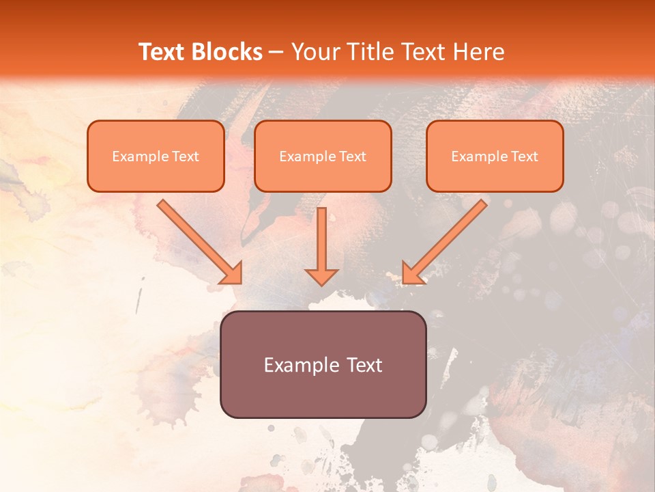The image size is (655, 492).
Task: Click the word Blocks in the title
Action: pyautogui.click(x=227, y=52)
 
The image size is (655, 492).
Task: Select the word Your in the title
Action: pyautogui.click(x=315, y=52)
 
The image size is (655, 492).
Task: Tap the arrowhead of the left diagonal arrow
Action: pyautogui.click(x=233, y=273)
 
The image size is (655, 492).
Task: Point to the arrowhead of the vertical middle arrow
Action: pyautogui.click(x=321, y=276)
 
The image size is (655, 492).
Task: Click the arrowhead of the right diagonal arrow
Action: pyautogui.click(x=412, y=273)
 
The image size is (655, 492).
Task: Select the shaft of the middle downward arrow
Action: pyautogui.click(x=321, y=236)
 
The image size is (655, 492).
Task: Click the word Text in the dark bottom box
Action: pyautogui.click(x=365, y=365)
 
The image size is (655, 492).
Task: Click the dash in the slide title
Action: pyautogui.click(x=276, y=53)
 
